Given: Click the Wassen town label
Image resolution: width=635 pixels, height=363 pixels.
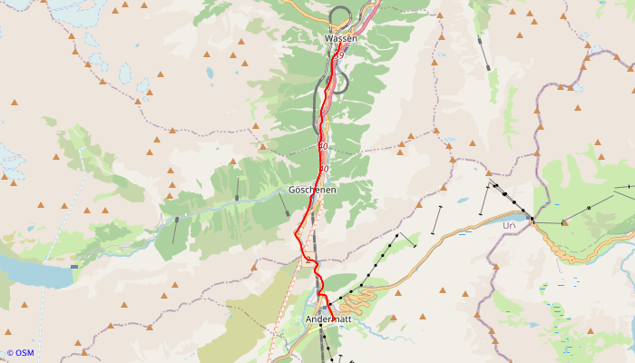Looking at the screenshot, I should [341, 39].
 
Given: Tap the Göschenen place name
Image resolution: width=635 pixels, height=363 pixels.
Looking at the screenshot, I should [312, 190].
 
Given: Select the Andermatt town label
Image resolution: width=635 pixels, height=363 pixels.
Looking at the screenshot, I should [328, 319].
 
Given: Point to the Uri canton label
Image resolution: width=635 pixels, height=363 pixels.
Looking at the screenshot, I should [509, 224].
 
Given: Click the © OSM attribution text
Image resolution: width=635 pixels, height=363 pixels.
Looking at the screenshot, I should [22, 353].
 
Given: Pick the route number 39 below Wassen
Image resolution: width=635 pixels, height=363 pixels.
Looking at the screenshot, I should [341, 55].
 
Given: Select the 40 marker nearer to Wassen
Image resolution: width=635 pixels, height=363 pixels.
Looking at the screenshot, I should [323, 146].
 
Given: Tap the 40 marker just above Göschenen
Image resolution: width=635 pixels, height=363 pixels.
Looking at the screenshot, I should [323, 169].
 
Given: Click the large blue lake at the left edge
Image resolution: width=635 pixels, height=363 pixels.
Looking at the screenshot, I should [32, 271].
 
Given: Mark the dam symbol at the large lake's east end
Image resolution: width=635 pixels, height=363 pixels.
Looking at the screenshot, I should [74, 268].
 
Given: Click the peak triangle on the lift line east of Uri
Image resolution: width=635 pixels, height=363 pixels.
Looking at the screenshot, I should [564, 222].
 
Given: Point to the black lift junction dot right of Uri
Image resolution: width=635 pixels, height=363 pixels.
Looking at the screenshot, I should [532, 221].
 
